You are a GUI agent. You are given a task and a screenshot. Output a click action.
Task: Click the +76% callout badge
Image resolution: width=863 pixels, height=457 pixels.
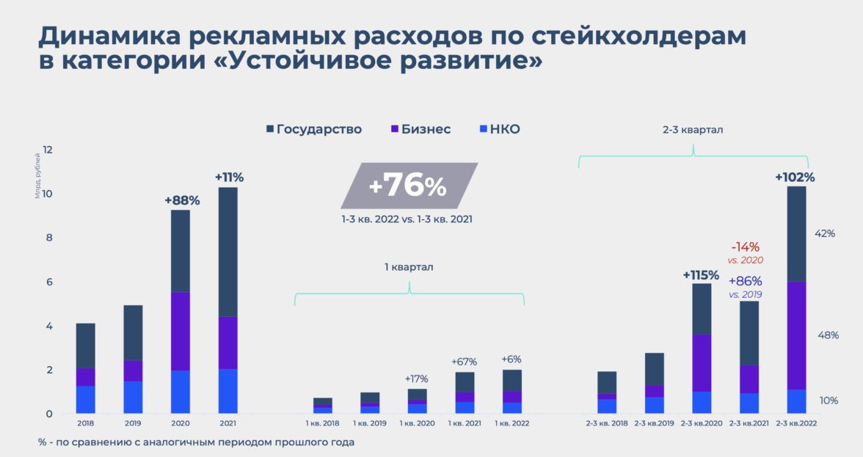(408, 186)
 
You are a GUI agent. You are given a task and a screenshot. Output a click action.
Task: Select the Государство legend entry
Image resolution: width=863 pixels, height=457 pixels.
(313, 130)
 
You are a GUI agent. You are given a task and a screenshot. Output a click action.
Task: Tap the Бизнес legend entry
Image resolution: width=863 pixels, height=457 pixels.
(420, 130)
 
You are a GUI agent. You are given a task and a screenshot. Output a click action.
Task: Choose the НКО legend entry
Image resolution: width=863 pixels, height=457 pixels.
(499, 130)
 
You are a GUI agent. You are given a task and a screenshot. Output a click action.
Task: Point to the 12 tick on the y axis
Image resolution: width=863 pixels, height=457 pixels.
(48, 150)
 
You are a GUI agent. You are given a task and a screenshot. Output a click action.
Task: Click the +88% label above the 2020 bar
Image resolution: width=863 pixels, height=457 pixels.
(182, 200)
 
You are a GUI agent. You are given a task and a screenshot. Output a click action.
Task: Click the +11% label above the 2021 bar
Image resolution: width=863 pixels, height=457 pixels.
(229, 177)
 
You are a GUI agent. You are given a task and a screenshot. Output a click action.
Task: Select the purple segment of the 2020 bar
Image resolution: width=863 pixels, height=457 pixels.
(181, 331)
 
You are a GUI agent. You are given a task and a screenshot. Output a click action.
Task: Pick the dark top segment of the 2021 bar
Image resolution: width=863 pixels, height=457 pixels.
(227, 252)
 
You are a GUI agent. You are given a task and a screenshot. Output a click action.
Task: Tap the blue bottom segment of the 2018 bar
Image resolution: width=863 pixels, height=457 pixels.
(86, 400)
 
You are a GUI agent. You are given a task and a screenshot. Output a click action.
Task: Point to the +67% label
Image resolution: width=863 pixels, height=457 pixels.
(464, 361)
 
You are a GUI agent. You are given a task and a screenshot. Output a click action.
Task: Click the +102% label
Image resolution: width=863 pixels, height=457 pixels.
(795, 177)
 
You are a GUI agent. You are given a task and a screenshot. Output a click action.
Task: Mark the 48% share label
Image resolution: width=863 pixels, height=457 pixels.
(827, 335)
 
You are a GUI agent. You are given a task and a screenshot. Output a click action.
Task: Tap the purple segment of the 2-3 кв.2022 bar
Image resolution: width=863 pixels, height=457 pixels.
(796, 335)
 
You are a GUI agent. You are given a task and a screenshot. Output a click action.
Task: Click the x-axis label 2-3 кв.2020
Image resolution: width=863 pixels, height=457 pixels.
(701, 423)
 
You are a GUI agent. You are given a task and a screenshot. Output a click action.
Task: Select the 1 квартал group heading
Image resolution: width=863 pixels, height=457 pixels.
(409, 267)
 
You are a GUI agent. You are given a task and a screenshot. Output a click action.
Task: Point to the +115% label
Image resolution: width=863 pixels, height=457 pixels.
(702, 275)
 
